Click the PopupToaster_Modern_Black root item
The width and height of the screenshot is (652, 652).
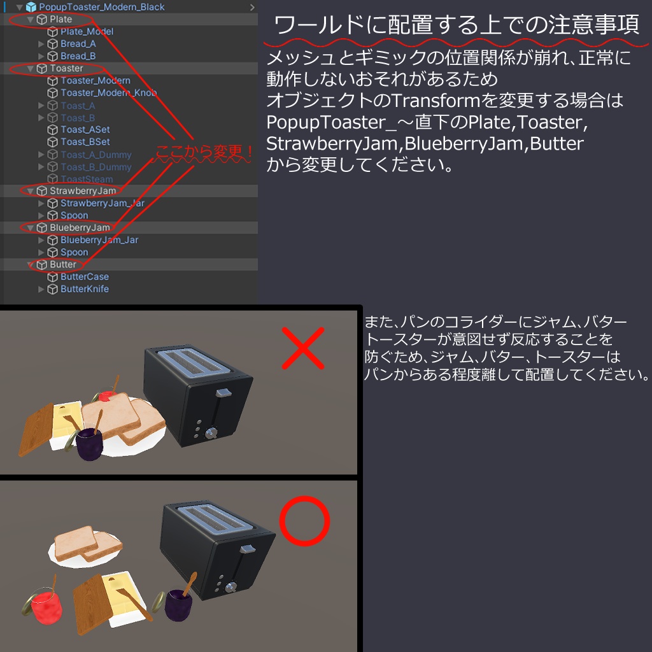pyautogui.click(x=101, y=7)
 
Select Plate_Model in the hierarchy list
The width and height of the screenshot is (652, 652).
pyautogui.click(x=87, y=31)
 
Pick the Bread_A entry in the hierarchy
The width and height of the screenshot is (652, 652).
pyautogui.click(x=78, y=44)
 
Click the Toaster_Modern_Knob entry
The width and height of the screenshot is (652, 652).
pyautogui.click(x=108, y=93)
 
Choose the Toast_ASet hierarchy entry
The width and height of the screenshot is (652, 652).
pyautogui.click(x=85, y=130)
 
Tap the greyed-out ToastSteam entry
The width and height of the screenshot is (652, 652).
pyautogui.click(x=87, y=180)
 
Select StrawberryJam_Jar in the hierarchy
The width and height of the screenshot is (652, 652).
pyautogui.click(x=102, y=203)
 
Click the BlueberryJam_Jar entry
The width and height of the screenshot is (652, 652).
pyautogui.click(x=99, y=240)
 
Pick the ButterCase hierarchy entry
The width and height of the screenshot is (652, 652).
pyautogui.click(x=85, y=277)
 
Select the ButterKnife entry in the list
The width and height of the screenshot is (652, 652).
pyautogui.click(x=85, y=289)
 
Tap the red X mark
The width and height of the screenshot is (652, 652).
pyautogui.click(x=303, y=348)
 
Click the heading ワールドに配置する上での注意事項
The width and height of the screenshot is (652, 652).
pyautogui.click(x=457, y=25)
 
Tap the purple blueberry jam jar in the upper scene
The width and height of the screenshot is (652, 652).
pyautogui.click(x=90, y=444)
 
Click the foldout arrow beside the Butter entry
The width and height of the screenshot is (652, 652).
pyautogui.click(x=31, y=265)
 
